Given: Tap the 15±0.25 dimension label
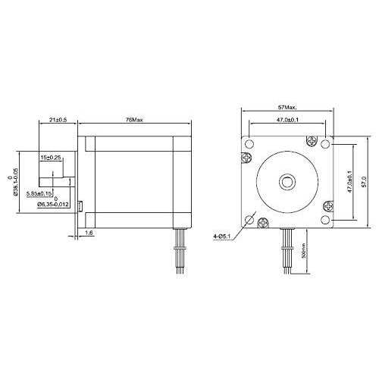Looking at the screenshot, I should pyautogui.click(x=52, y=157).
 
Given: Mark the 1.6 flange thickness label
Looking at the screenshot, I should pyautogui.click(x=89, y=233).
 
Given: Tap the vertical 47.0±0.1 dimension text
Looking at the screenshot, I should pyautogui.click(x=349, y=181).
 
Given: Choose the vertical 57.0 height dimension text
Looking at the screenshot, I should pyautogui.click(x=362, y=181).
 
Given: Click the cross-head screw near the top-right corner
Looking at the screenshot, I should pyautogui.click(x=309, y=140).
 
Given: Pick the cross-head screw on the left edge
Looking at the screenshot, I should pyautogui.click(x=245, y=158).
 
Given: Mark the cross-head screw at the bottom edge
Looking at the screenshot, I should pyautogui.click(x=263, y=222).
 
